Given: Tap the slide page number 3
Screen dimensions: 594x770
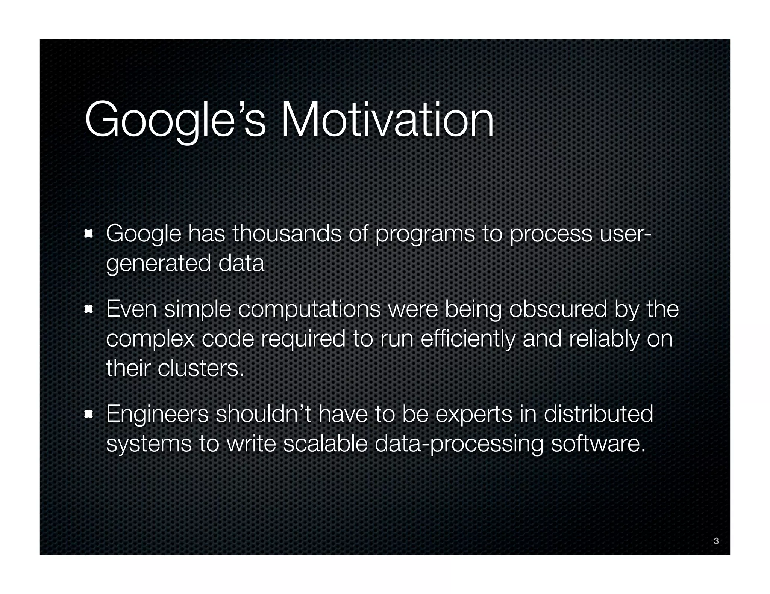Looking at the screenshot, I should tap(716, 541).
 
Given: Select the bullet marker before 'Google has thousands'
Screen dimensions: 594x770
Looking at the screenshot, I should tap(89, 234).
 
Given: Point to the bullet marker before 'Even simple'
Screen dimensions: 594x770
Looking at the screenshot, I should tap(89, 309).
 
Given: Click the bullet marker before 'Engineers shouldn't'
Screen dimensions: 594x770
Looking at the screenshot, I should tap(89, 415).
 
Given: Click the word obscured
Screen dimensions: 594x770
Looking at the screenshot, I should tap(558, 309).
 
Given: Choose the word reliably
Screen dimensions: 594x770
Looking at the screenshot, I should tap(604, 339).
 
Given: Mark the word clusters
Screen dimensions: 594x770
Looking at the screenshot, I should tap(201, 368).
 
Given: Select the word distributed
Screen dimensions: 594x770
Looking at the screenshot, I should tap(598, 414).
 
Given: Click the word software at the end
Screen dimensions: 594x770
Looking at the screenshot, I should tap(598, 444).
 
